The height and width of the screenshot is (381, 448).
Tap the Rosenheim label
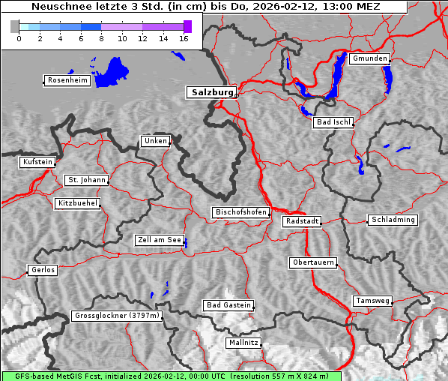click(67, 80)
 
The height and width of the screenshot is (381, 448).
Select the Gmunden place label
click(369, 58)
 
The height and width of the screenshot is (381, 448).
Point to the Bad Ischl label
click(333, 122)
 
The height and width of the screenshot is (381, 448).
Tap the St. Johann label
click(86, 180)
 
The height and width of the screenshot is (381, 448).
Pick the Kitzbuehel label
click(77, 203)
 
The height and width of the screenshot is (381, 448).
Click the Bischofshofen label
click(240, 213)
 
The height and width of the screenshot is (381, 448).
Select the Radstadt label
click(302, 221)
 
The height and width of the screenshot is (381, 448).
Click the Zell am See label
click(159, 241)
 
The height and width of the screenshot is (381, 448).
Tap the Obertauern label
click(312, 263)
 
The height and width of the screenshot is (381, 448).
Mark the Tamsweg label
click(372, 301)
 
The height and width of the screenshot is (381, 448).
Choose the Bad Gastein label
click(228, 305)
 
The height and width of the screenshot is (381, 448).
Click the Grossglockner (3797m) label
click(117, 316)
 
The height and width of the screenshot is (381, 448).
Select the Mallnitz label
click(243, 343)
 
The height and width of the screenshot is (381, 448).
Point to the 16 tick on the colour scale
click(183, 38)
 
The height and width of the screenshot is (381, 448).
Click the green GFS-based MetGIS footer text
click(172, 376)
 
